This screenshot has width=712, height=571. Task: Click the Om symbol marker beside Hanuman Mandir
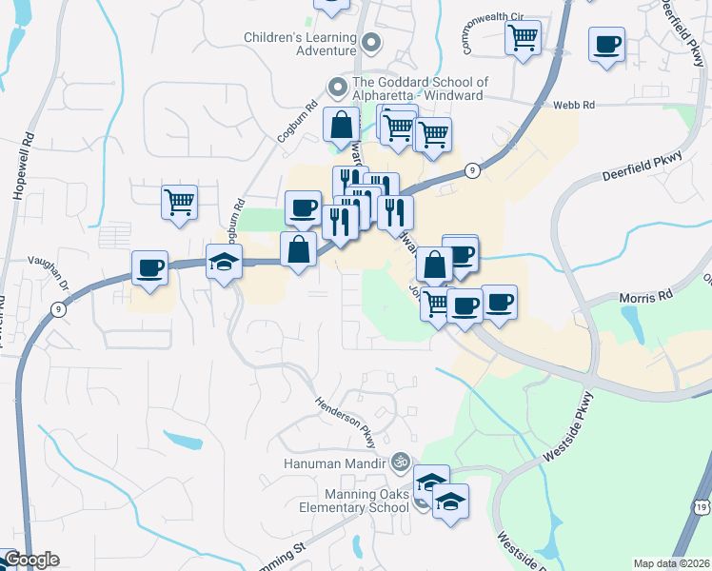click(400, 463)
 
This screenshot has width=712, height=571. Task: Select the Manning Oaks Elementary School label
click(353, 501)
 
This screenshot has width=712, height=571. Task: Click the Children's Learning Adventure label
click(298, 44)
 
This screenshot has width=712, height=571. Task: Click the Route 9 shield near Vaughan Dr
click(59, 308)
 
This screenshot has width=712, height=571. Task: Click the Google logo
click(30, 560)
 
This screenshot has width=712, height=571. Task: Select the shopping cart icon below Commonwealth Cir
click(522, 38)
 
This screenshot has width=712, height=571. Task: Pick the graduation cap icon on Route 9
click(224, 262)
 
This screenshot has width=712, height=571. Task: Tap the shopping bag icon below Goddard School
click(341, 124)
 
